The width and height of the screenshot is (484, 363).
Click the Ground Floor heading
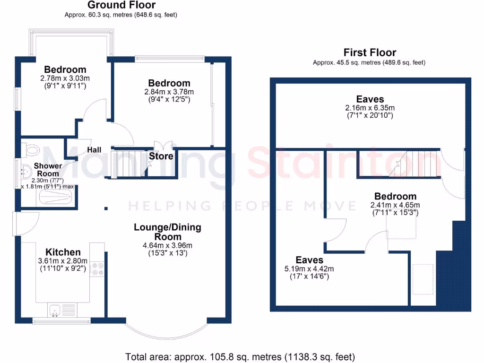click(x=121, y=5)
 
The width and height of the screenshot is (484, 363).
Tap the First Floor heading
click(x=370, y=52)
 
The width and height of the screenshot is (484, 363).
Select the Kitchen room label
click(x=63, y=252)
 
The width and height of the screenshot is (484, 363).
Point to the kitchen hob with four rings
click(x=99, y=268)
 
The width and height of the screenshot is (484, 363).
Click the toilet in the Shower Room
click(x=31, y=150)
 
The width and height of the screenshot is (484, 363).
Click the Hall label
click(x=94, y=150)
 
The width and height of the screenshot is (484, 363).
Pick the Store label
click(x=161, y=156)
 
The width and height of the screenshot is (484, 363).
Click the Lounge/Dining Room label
click(x=168, y=232)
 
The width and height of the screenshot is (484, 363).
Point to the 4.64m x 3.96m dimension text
click(x=168, y=245)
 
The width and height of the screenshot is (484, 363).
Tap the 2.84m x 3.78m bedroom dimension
click(x=169, y=92)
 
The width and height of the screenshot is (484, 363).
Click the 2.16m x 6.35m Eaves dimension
click(x=370, y=108)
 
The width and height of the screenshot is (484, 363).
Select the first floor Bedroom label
click(x=396, y=196)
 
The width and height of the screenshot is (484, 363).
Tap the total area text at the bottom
click(x=240, y=356)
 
